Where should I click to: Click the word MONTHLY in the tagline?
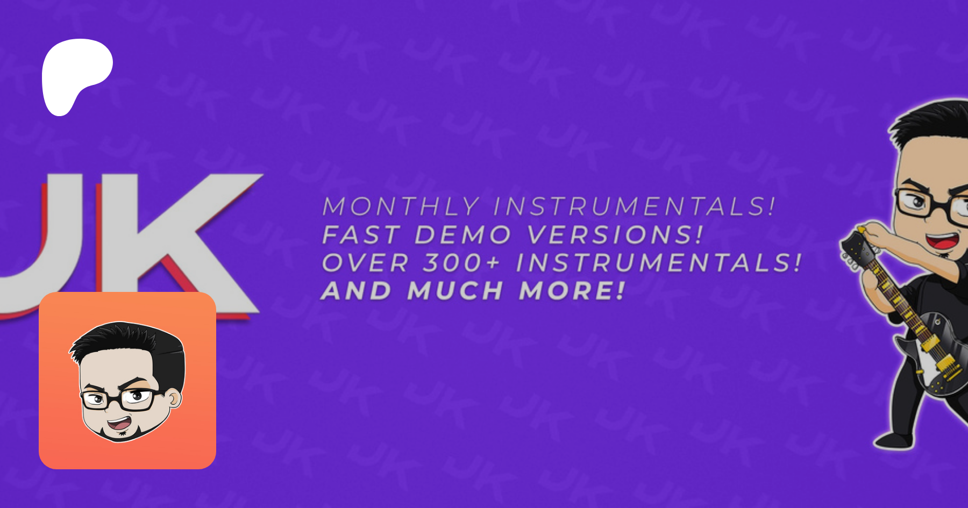click(x=401, y=207)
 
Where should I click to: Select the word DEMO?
click(x=463, y=235)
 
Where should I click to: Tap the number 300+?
click(x=461, y=263)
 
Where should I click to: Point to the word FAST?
click(x=361, y=235)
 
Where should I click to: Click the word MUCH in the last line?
click(x=455, y=291)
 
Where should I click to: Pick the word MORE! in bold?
click(x=572, y=291)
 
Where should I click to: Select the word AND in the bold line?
click(x=357, y=291)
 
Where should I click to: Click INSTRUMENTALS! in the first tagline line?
click(x=635, y=207)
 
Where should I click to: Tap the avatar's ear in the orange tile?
click(x=174, y=398)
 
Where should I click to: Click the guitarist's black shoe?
click(x=893, y=441)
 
